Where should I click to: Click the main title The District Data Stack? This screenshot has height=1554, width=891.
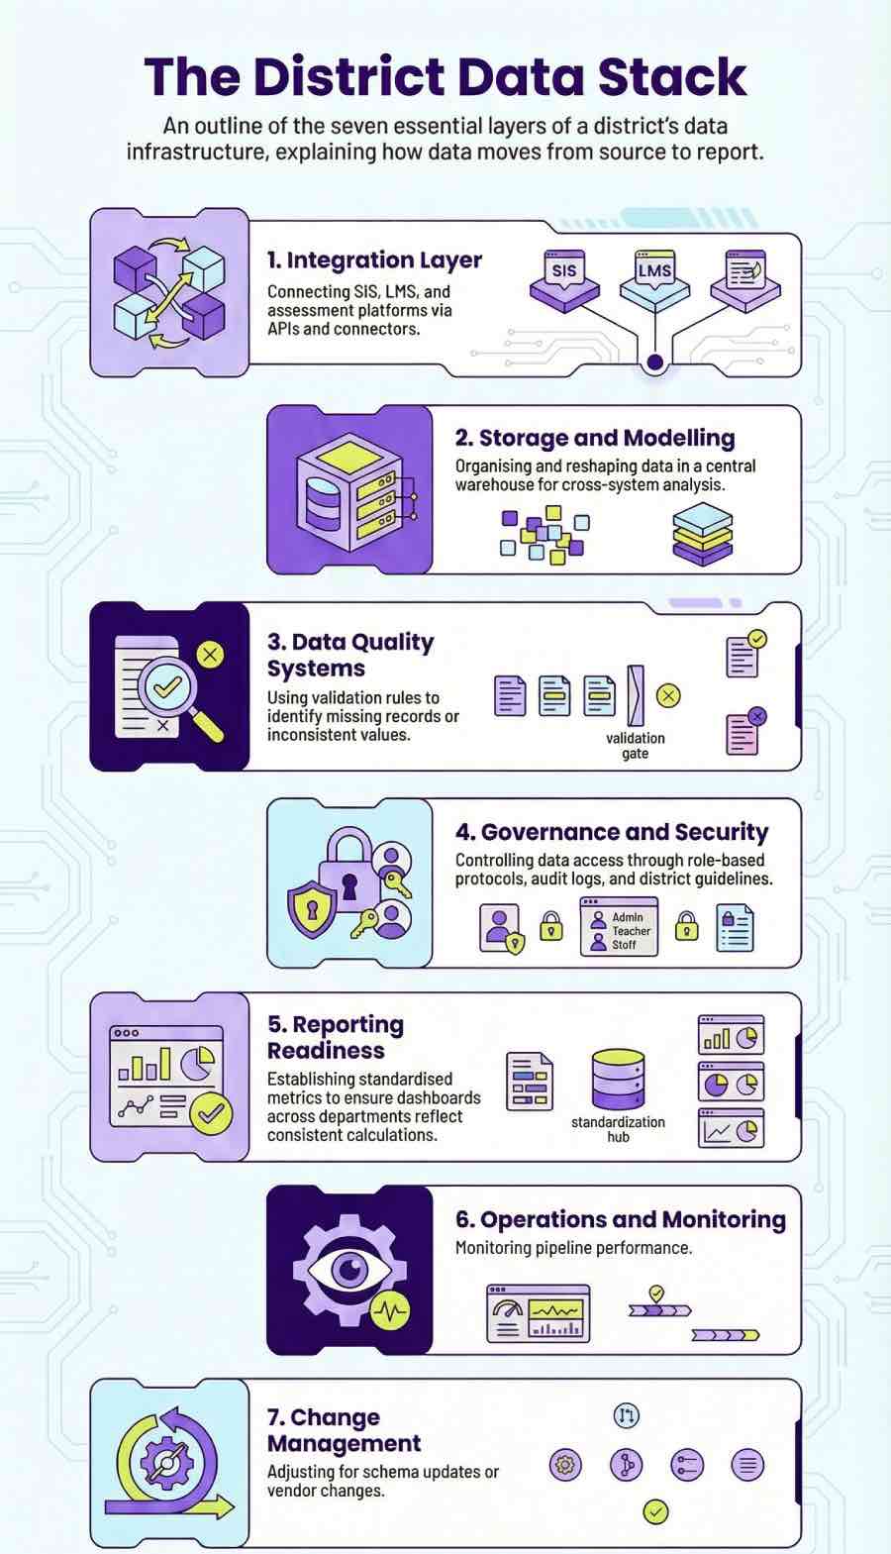pos(445,77)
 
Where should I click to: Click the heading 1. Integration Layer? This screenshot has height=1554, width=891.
pos(374,260)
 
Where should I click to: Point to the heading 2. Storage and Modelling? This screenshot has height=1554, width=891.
pos(594,438)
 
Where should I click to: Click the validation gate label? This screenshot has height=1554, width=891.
pos(636,746)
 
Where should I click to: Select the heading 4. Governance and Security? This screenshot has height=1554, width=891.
pos(611,832)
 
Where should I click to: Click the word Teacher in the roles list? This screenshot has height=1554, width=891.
pos(631,931)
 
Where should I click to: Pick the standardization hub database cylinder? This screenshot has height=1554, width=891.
pos(618,1079)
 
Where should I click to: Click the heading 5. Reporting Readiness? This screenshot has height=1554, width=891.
pos(335,1037)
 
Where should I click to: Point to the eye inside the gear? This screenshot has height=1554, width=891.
pos(348,1269)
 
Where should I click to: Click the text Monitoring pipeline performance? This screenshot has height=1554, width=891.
pos(573,1248)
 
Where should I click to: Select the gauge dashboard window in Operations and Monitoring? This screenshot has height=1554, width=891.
pos(538,1314)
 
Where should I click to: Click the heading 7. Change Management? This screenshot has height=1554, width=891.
pos(343,1430)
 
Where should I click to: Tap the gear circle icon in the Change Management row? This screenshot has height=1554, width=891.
pos(565,1464)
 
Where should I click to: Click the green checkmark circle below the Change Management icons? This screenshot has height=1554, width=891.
pos(655,1511)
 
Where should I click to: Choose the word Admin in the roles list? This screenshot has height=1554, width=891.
pos(628,917)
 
